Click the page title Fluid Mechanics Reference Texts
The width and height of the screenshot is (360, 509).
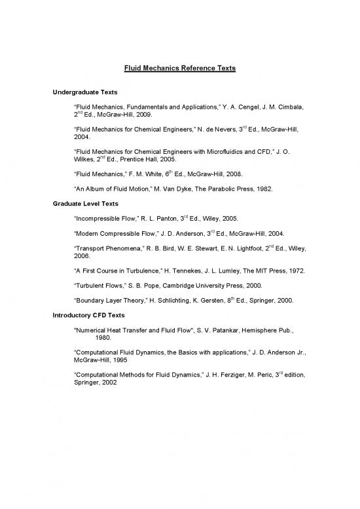pos(180,69)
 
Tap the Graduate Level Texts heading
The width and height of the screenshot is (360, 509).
pos(85,204)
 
